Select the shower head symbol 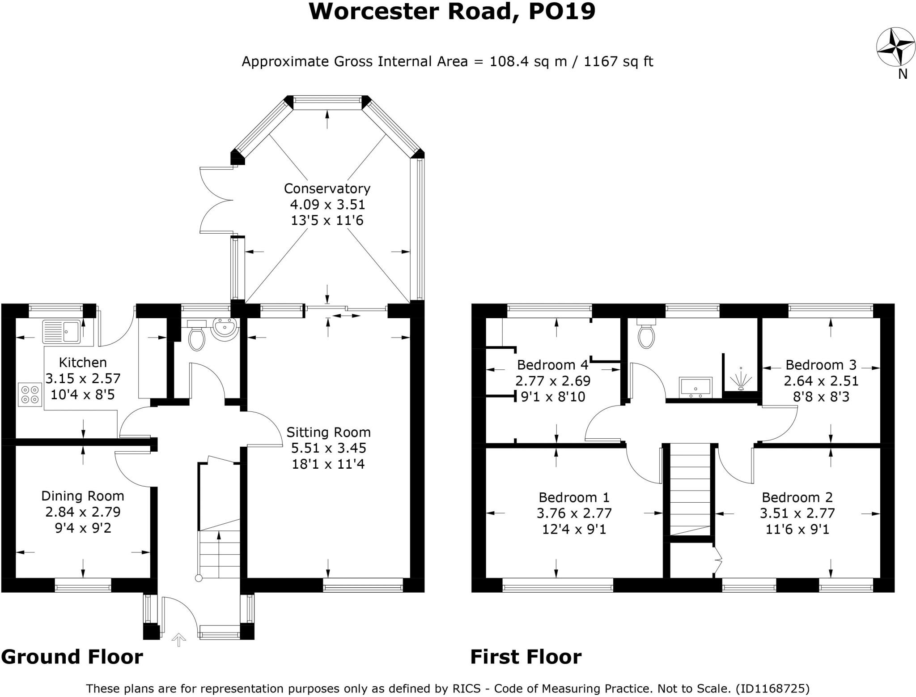click(740, 379)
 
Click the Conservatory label click(327, 188)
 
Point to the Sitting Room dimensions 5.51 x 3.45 click(328, 448)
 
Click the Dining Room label click(83, 496)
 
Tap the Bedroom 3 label click(821, 365)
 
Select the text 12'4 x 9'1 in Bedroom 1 click(574, 530)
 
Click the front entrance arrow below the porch click(179, 639)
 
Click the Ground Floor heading click(72, 657)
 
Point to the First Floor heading click(526, 657)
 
